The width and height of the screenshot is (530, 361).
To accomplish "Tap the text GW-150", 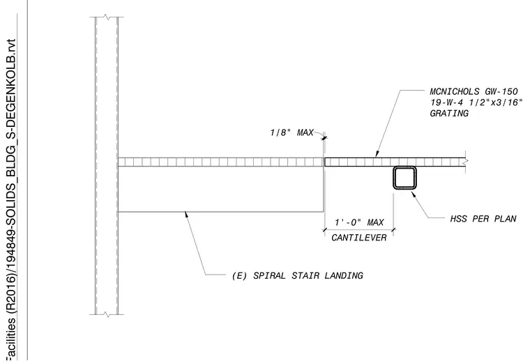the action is (501, 91).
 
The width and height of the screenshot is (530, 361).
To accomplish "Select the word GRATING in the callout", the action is (449, 113).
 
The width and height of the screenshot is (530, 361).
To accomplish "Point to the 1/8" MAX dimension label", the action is (291, 132).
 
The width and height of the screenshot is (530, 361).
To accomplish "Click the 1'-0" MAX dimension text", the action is (359, 222).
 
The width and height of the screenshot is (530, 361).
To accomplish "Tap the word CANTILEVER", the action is (359, 238).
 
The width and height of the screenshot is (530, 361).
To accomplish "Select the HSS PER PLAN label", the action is (483, 219).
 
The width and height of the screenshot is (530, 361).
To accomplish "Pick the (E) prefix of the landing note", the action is (240, 275).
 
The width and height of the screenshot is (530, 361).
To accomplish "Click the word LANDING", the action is (344, 275).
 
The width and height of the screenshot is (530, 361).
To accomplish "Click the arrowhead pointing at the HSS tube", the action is (413, 194).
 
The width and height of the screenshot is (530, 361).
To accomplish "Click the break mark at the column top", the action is (107, 17).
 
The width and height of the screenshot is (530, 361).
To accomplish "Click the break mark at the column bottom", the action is (107, 315).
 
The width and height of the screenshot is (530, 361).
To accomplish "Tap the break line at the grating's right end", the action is (466, 162).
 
